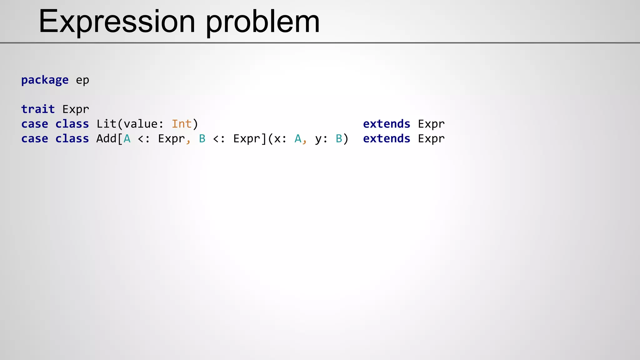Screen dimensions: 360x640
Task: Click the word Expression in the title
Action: (x=117, y=21)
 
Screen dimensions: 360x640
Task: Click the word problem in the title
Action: (x=262, y=22)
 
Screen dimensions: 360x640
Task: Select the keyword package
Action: (x=45, y=80)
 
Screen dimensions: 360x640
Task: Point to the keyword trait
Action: (x=38, y=109)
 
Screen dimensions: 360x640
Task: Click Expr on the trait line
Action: (x=76, y=109)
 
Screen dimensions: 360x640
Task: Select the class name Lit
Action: (x=106, y=124)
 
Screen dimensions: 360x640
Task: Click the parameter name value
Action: (x=140, y=124)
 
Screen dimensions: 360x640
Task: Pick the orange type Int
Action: (x=182, y=124)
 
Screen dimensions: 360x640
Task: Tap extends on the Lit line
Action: (x=387, y=124)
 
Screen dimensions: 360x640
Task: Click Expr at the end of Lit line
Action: (x=431, y=124)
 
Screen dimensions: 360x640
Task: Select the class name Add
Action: (x=106, y=138)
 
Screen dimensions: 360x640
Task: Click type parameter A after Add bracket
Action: (x=127, y=138)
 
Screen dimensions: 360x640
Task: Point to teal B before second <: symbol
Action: (x=202, y=138)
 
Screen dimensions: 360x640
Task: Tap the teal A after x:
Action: (x=298, y=138)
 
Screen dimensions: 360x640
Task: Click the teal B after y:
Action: (x=339, y=138)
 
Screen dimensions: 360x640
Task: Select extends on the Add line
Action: (x=387, y=138)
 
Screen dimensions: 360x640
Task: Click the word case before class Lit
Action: (x=35, y=124)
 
